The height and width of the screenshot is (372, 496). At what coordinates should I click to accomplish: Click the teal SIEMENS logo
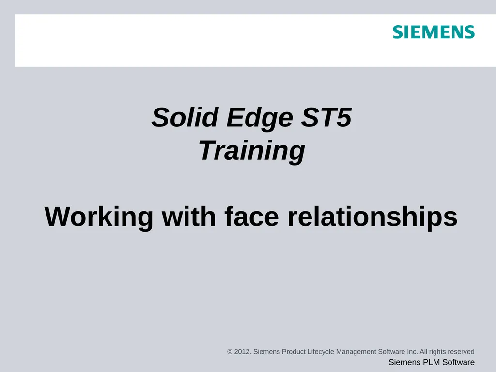click(434, 32)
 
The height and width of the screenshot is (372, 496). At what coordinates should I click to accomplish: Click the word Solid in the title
click(185, 117)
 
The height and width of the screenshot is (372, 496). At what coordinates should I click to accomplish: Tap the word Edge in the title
click(260, 119)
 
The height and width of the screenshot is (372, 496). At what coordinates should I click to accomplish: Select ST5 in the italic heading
click(326, 117)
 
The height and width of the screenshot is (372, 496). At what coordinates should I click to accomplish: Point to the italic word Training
click(252, 151)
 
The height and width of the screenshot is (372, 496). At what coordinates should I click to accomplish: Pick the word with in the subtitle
click(189, 217)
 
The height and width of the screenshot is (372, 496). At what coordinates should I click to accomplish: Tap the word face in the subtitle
click(252, 217)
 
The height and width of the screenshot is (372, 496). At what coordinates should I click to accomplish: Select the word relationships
click(372, 217)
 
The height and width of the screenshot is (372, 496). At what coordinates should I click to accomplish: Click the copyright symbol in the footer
click(230, 352)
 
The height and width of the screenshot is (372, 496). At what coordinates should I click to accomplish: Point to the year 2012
click(243, 352)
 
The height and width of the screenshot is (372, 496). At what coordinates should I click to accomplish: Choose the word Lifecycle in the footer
click(321, 352)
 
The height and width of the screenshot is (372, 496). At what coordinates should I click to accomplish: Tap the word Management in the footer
click(356, 352)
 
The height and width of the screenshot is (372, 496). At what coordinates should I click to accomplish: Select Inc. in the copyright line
click(412, 352)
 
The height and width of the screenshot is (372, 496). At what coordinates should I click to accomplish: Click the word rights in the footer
click(437, 352)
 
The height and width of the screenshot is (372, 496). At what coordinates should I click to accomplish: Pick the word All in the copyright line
click(423, 352)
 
